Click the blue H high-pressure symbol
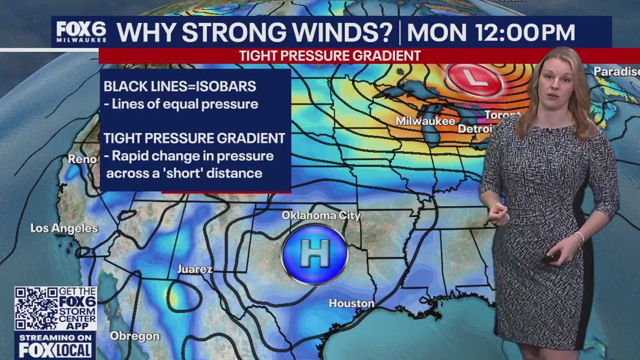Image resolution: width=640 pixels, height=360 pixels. click(x=315, y=254)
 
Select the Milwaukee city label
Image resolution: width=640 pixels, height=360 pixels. click(x=425, y=121)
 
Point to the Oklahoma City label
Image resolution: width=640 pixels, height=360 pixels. click(x=321, y=215)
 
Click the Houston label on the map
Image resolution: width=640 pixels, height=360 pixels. click(x=351, y=303)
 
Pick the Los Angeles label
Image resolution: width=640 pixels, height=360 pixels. click(x=64, y=228)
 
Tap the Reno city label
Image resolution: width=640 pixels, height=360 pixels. click(x=82, y=159)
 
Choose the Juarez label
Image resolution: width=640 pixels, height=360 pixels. click(x=195, y=269)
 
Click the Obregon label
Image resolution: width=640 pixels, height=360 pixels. click(x=135, y=336)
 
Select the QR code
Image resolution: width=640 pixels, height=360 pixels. click(x=36, y=309)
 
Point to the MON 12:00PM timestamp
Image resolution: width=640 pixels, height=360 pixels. click(x=491, y=33)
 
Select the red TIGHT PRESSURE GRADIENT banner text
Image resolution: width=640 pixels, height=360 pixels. click(x=330, y=56)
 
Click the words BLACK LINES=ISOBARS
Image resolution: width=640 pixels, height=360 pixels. click(x=180, y=86)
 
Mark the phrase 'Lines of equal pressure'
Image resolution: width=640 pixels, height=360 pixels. click(x=184, y=104)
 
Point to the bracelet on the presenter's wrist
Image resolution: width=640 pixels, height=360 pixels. click(x=578, y=238)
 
